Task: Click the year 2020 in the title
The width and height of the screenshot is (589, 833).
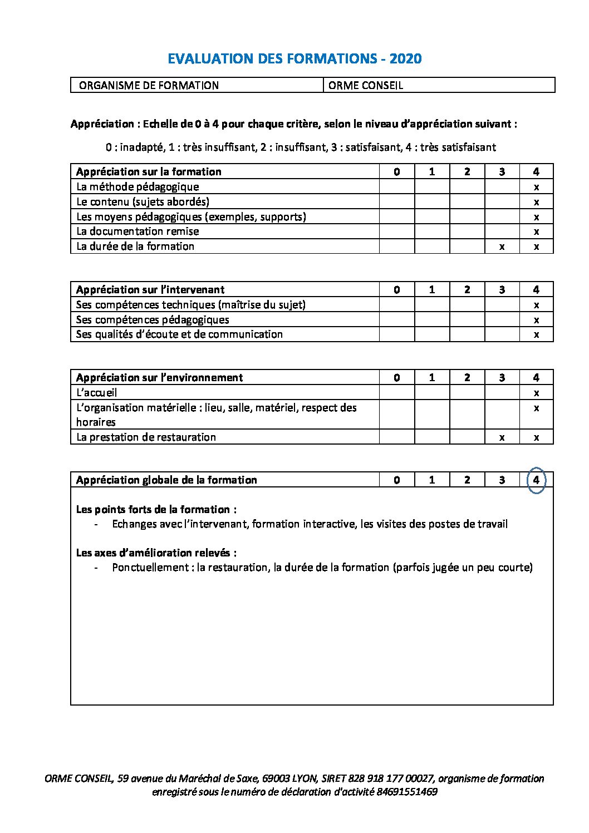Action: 405,58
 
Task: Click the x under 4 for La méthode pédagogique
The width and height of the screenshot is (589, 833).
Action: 536,187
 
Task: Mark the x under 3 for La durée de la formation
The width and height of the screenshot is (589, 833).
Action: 502,247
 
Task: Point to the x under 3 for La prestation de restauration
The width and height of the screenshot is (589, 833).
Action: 502,437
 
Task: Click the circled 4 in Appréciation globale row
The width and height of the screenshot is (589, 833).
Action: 536,480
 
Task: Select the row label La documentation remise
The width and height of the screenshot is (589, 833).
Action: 138,231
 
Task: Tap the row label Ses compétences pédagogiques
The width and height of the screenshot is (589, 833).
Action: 153,320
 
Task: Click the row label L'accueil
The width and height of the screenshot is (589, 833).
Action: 96,393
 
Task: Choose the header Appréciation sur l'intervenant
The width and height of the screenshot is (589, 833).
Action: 150,290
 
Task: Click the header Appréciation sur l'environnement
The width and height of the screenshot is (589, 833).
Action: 159,378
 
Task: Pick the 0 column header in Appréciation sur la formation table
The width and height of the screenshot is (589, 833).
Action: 396,172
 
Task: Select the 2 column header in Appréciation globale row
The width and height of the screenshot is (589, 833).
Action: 467,480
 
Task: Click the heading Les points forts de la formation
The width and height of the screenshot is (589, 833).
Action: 156,510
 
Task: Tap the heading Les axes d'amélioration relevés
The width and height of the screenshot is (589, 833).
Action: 156,553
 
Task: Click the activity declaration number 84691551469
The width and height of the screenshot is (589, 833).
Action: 406,792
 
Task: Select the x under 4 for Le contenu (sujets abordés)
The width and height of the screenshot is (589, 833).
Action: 536,202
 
